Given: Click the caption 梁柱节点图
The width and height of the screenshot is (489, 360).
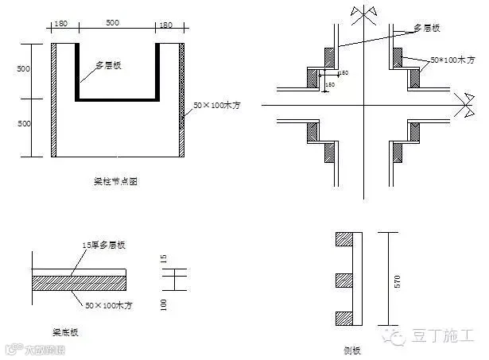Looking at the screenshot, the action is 118,182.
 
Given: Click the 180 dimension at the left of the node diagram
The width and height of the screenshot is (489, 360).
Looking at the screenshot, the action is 63,25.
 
